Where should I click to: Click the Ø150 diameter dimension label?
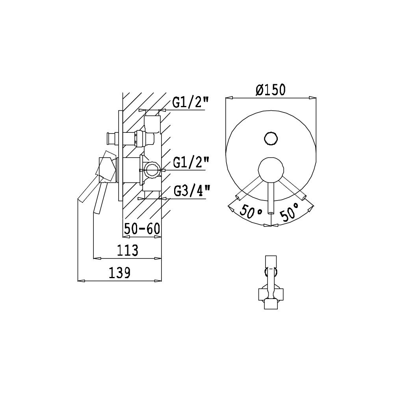(x=270, y=90)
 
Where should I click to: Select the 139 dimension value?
(x=120, y=273)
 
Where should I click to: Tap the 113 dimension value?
(x=127, y=250)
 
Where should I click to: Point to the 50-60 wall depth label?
(x=142, y=229)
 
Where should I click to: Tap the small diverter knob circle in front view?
(x=271, y=139)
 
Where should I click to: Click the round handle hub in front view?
(x=271, y=169)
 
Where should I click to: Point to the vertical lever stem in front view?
(x=271, y=197)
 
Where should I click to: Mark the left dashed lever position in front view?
(x=249, y=187)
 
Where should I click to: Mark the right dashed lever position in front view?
(x=294, y=188)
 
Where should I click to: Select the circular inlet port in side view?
(x=152, y=170)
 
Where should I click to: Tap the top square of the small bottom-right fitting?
(x=271, y=262)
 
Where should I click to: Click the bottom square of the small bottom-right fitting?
(x=271, y=304)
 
